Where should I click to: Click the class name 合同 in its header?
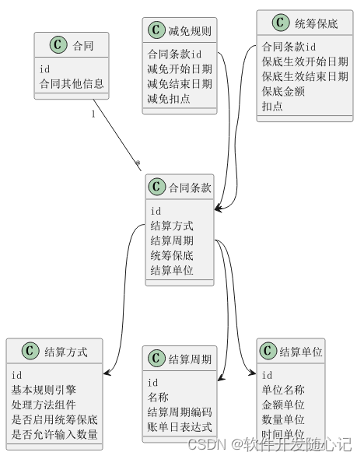pyautogui.click(x=83, y=46)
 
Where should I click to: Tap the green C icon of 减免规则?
pyautogui.click(x=155, y=31)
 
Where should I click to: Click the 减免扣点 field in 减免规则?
pyautogui.click(x=169, y=99)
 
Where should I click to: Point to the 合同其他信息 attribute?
pyautogui.click(x=72, y=83)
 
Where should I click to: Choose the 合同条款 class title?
pyautogui.click(x=190, y=187)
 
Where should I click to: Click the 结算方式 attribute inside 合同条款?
pyautogui.click(x=172, y=226)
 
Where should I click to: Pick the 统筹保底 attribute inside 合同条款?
pyautogui.click(x=172, y=255)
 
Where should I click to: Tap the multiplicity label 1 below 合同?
pyautogui.click(x=93, y=114)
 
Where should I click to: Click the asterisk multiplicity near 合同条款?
pyautogui.click(x=138, y=164)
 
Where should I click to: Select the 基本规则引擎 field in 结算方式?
pyautogui.click(x=44, y=390)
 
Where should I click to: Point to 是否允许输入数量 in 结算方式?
pyautogui.click(x=54, y=434)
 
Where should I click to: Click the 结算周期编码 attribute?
pyautogui.click(x=179, y=412)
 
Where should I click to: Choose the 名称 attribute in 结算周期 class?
pyautogui.click(x=158, y=397)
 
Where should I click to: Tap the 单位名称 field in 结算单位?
pyautogui.click(x=283, y=390)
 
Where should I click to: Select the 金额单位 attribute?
pyautogui.click(x=283, y=405)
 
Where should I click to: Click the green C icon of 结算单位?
pyautogui.click(x=268, y=352)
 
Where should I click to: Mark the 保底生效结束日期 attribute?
pyautogui.click(x=305, y=76)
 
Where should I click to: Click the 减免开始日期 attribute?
pyautogui.click(x=179, y=69)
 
